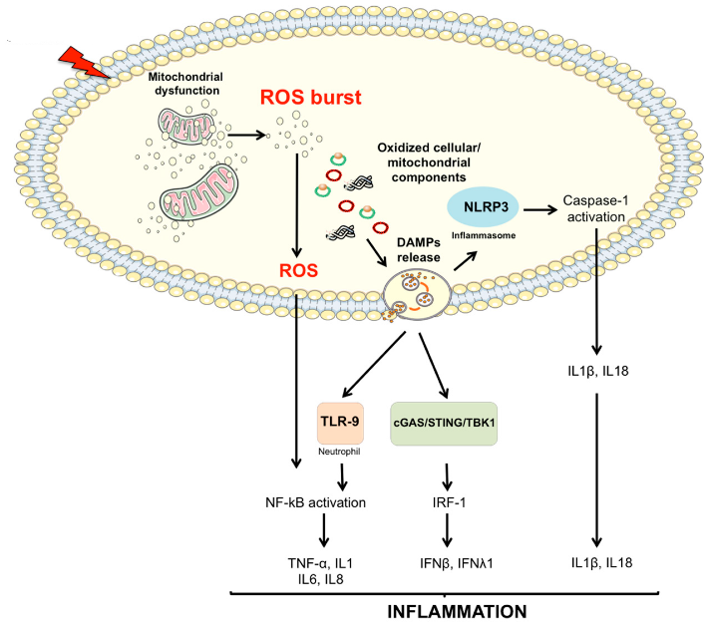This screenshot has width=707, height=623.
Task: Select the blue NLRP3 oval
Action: click(x=484, y=207)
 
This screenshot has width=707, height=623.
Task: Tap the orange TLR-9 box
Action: click(x=340, y=423)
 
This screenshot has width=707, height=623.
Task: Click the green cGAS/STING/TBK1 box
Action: click(x=444, y=424)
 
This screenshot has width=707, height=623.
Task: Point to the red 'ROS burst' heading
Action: click(x=311, y=98)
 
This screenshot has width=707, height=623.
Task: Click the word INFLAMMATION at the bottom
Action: click(x=457, y=612)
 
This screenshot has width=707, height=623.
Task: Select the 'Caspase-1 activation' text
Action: click(x=595, y=208)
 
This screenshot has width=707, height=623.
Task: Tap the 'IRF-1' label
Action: click(x=449, y=502)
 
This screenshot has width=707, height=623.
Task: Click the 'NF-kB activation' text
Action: click(x=316, y=502)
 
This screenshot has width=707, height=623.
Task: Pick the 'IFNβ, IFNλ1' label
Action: click(x=457, y=563)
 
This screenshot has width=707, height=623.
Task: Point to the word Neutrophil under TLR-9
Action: click(x=339, y=452)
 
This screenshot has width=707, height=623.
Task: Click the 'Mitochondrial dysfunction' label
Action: click(x=186, y=84)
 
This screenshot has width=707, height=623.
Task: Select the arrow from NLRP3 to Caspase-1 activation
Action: click(x=540, y=209)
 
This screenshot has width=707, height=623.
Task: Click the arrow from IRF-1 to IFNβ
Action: click(x=447, y=530)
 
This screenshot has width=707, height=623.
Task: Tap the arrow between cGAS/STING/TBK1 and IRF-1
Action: click(x=447, y=476)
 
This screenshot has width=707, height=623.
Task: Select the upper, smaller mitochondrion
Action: click(x=185, y=126)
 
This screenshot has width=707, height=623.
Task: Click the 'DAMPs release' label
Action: click(x=419, y=250)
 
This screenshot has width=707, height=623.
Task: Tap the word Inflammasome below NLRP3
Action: click(x=484, y=235)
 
